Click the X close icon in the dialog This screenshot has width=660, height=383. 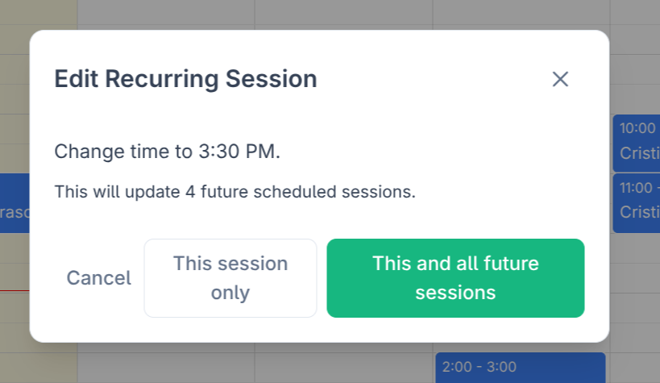click(x=560, y=79)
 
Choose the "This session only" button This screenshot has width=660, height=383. click(x=230, y=278)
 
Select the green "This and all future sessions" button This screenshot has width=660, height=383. click(x=455, y=278)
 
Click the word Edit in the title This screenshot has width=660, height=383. click(x=77, y=79)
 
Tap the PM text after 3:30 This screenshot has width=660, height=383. click(x=262, y=152)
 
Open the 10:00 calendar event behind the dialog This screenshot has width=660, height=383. click(x=637, y=141)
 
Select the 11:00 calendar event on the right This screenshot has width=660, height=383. click(x=637, y=202)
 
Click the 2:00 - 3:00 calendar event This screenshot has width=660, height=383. click(x=520, y=368)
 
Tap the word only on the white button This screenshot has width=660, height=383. click(x=230, y=292)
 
